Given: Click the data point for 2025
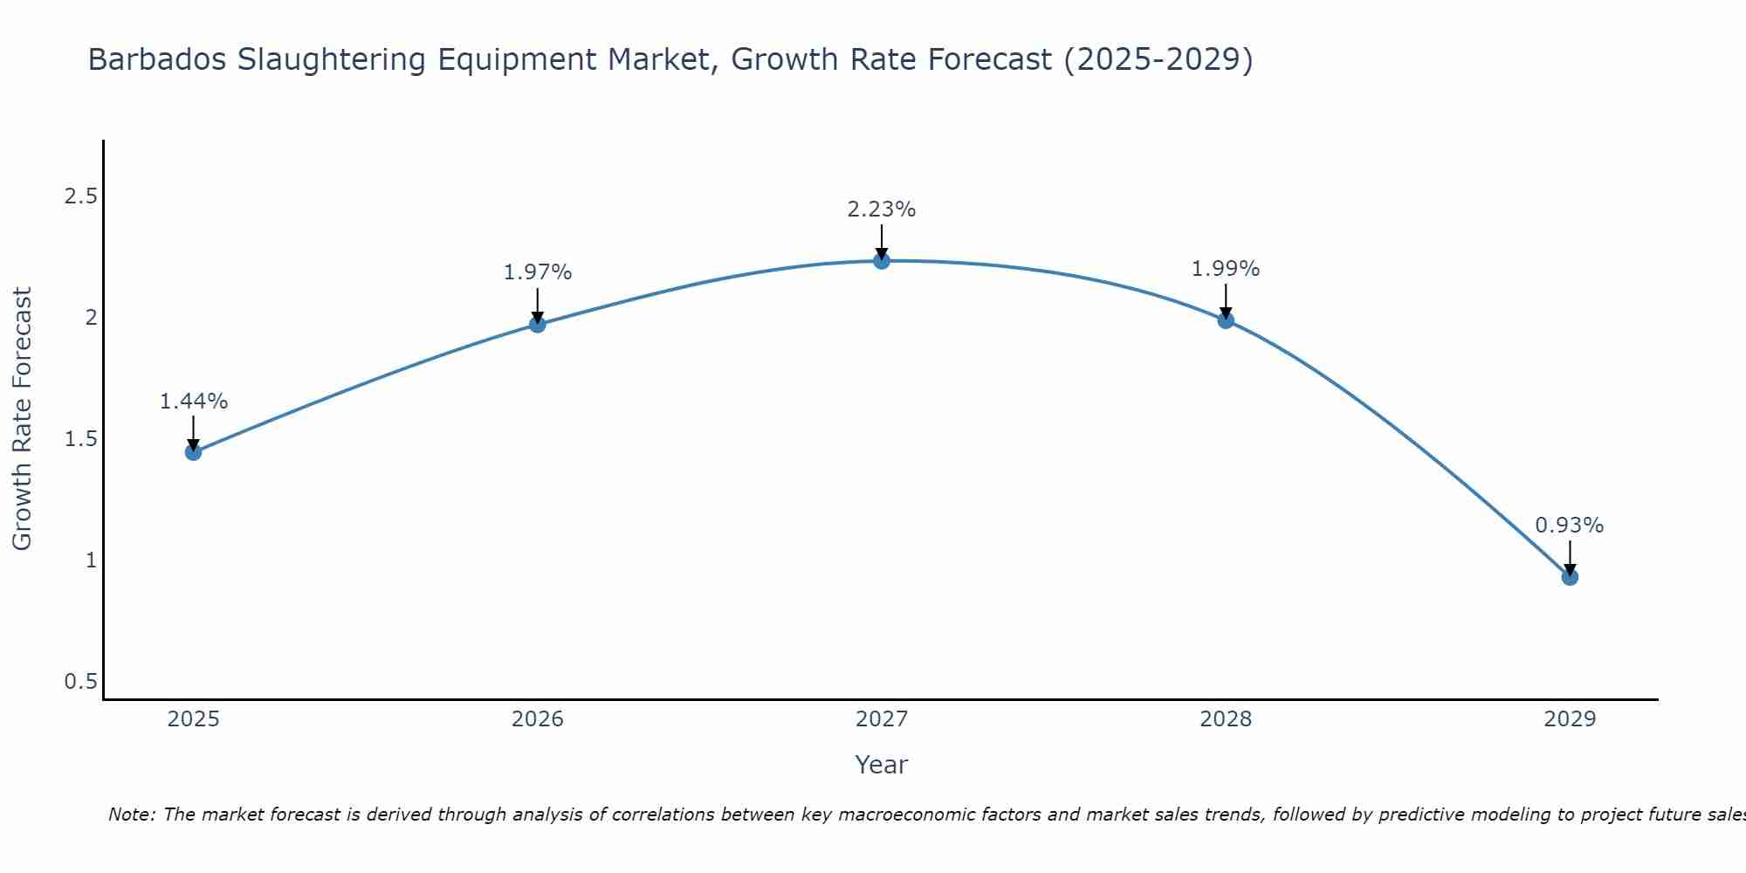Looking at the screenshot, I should point(194,451).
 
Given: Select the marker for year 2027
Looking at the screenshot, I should point(882,260).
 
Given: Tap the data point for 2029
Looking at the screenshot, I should point(1570,576).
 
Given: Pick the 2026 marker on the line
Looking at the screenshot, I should point(538,324).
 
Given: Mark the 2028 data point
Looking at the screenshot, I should point(1226,320).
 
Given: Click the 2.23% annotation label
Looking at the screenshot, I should point(882,210).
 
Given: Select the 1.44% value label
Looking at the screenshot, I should point(194,402).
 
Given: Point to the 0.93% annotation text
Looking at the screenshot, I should point(1570,526).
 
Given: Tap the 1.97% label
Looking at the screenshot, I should point(538,272).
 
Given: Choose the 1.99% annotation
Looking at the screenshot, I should point(1226,269).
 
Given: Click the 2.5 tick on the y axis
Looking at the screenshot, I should point(80,196).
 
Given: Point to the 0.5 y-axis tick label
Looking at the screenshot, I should point(80,681).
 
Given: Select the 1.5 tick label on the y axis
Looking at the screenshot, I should point(80,439).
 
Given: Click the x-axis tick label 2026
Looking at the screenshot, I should point(538,719).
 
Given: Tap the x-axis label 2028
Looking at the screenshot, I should point(1226,719).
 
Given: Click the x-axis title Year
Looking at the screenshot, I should point(882,765).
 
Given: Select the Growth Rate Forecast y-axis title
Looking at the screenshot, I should point(22,419).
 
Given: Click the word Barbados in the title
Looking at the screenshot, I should point(157,59).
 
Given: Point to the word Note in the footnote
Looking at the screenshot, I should point(131,815).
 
